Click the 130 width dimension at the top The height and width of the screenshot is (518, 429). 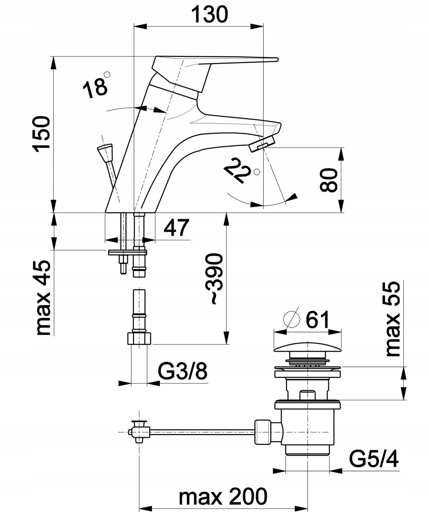click(x=209, y=15)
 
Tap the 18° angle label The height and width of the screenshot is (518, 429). click(x=95, y=88)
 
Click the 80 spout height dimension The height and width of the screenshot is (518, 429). click(x=328, y=180)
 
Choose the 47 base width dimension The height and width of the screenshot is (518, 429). click(x=176, y=228)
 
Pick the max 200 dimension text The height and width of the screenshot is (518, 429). click(x=223, y=497)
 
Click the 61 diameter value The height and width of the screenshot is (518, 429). click(x=316, y=320)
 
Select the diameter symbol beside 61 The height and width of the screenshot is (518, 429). click(x=291, y=318)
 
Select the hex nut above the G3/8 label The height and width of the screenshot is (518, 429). click(x=139, y=339)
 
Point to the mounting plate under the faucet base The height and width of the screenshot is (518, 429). click(x=128, y=253)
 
